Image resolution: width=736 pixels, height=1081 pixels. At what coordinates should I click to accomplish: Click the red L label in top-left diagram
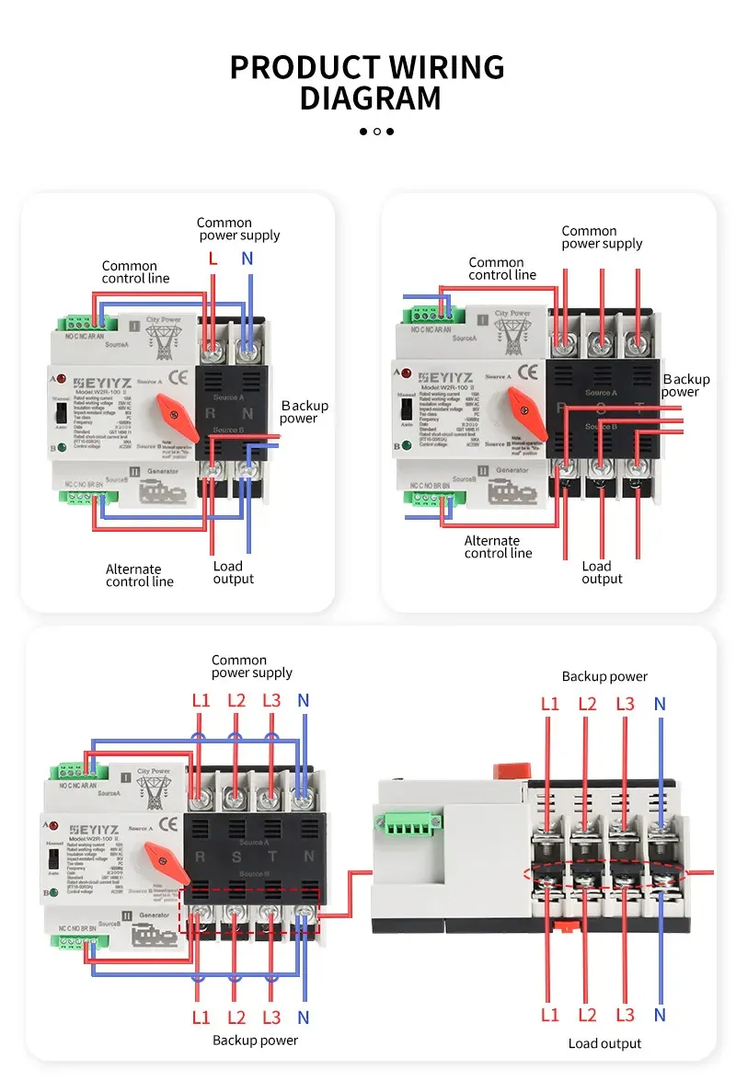[213, 259]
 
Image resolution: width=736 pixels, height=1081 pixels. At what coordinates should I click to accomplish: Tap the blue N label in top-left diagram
[247, 259]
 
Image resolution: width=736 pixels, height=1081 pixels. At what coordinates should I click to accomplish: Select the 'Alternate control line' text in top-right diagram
[498, 546]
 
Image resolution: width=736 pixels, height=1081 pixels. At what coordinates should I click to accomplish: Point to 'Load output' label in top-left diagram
[233, 572]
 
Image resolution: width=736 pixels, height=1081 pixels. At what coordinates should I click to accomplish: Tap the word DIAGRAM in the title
[370, 98]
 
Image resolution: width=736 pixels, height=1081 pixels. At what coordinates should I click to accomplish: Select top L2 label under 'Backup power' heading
[588, 704]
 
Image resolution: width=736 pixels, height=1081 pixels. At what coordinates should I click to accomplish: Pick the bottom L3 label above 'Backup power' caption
[270, 1018]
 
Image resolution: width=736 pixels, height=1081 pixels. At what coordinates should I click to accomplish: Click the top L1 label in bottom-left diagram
[201, 700]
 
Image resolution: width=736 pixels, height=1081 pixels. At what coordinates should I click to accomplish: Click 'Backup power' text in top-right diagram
[685, 385]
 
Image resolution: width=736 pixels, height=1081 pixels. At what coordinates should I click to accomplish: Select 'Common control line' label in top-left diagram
[135, 272]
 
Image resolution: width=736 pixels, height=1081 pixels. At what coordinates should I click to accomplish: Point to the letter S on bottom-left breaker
[236, 857]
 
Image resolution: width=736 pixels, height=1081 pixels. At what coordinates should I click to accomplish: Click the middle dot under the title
[376, 132]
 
